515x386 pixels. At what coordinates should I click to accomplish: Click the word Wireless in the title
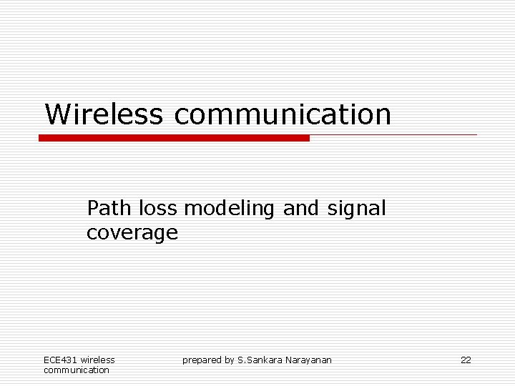tap(104, 114)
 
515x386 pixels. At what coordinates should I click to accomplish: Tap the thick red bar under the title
tap(174, 138)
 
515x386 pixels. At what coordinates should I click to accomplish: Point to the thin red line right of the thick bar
tap(393, 134)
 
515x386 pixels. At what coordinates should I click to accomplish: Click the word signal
tap(356, 209)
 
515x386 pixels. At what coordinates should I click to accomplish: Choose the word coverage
tap(132, 233)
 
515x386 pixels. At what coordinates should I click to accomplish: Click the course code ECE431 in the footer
tap(60, 360)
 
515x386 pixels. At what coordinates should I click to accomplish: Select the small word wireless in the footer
tap(98, 360)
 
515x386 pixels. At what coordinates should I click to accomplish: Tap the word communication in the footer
tap(77, 370)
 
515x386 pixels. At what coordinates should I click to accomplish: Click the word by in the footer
tap(229, 360)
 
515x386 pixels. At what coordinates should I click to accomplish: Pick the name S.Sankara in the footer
tap(260, 360)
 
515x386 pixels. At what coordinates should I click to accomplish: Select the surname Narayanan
tap(309, 360)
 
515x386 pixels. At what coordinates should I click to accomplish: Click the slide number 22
tap(466, 360)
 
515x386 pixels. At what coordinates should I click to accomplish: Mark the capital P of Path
tap(93, 209)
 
